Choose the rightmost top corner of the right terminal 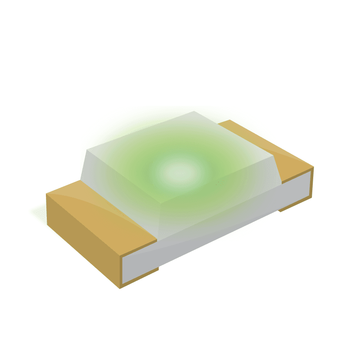pyautogui.click(x=313, y=167)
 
